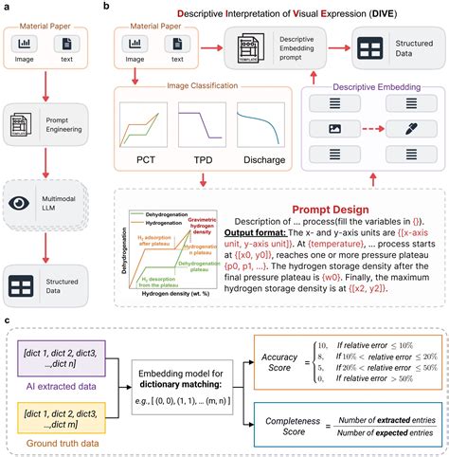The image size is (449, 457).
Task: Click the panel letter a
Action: point(8,7)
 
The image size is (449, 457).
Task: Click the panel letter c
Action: point(8,322)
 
